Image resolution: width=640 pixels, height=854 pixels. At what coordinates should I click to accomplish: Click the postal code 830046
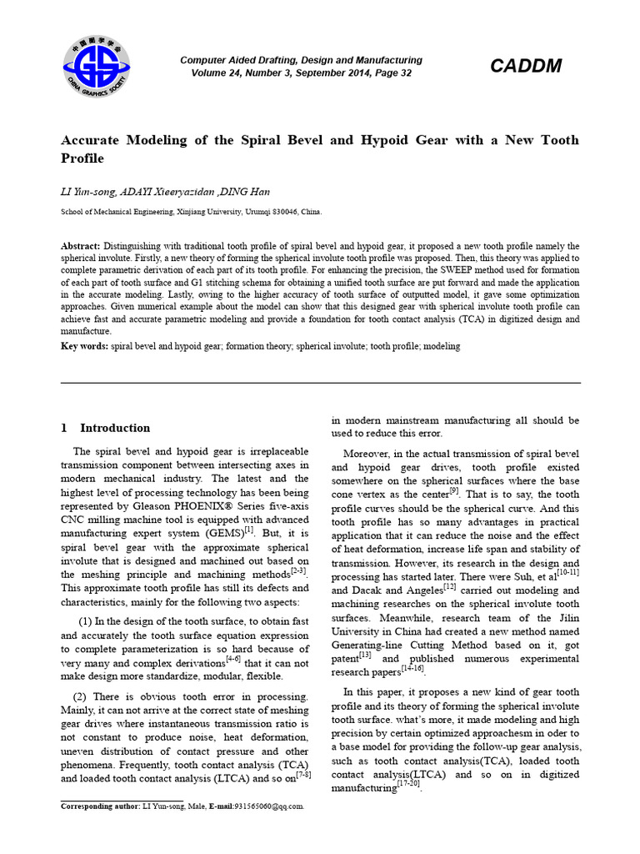tap(290, 212)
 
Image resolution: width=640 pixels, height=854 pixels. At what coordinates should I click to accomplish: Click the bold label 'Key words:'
tap(84, 345)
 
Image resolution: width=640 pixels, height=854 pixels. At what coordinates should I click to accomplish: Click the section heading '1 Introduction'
tap(106, 428)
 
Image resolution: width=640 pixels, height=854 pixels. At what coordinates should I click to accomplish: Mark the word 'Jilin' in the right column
tap(566, 618)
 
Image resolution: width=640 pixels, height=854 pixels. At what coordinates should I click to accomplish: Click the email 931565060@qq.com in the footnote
tap(265, 806)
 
